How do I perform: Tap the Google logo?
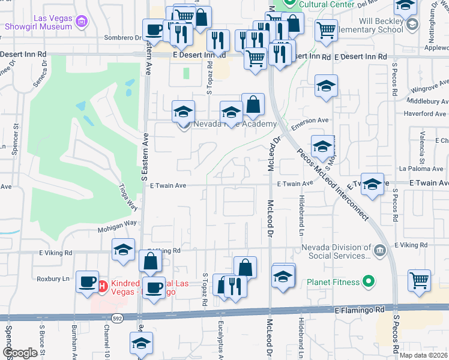click(x=20, y=353)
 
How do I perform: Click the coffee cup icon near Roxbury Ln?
click(x=88, y=281)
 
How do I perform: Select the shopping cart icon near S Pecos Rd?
click(x=419, y=280)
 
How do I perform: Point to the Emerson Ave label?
click(x=310, y=121)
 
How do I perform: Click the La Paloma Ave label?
click(x=424, y=169)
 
